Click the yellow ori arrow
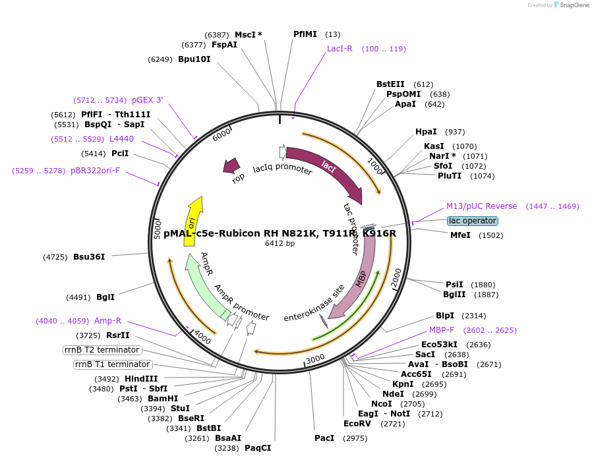[192, 221]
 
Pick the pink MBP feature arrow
[362, 277]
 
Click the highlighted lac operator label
[473, 221]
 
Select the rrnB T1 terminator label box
[112, 364]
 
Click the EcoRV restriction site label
[357, 423]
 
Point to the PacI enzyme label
[324, 438]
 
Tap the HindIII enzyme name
[141, 379]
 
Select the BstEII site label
[390, 84]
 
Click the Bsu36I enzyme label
[89, 256]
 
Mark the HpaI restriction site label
[426, 132]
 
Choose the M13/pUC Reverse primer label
[481, 206]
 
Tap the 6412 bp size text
[280, 244]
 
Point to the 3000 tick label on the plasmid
[316, 358]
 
